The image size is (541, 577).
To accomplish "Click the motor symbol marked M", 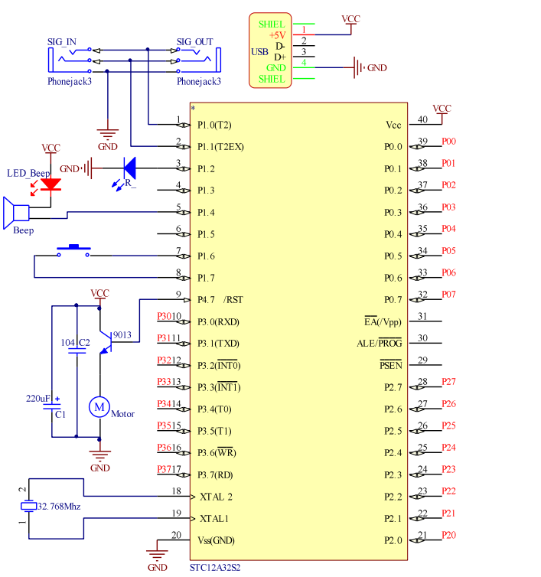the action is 99,407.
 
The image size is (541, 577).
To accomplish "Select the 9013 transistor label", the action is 122,335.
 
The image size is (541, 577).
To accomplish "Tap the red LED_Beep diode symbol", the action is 51,184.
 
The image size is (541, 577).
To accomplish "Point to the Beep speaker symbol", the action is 16,213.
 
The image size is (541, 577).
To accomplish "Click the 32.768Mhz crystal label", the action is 59,507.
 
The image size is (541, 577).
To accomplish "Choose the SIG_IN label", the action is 62,42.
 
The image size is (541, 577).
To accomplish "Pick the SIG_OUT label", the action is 194,42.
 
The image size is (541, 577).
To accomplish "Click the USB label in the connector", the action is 259,52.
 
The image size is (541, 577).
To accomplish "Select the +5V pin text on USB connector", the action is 278,35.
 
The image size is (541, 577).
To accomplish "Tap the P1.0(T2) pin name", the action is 214,125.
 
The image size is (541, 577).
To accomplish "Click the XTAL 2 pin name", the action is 216,497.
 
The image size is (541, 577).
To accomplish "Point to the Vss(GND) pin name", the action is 216,540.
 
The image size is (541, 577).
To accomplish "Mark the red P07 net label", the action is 448,295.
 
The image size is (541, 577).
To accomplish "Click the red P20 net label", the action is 448,535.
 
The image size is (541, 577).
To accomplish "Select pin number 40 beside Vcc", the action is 422,119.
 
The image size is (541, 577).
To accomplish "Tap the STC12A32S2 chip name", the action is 215,568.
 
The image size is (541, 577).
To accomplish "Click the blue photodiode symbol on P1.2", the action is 129,168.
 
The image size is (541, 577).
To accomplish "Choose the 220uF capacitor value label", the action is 38,399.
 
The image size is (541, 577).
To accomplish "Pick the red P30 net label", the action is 165,317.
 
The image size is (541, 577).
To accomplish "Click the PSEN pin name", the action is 391,365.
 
